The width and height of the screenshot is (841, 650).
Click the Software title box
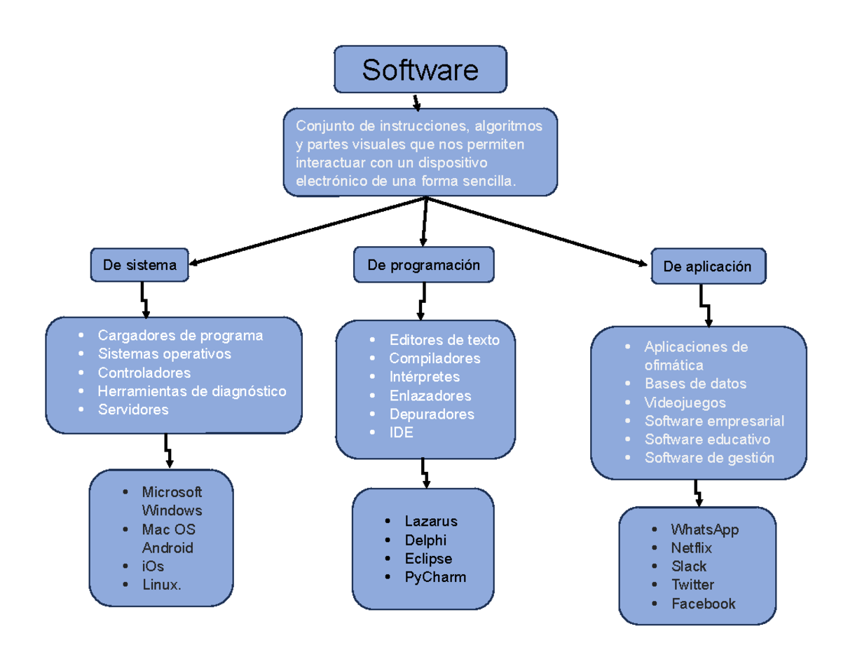420,69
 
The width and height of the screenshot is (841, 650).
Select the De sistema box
139,265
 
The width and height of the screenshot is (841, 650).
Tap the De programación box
423,264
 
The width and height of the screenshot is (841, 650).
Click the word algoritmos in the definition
508,126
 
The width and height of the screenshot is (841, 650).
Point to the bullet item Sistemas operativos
164,354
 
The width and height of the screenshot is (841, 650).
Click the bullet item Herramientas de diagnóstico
191,391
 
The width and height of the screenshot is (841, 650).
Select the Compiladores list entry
435,358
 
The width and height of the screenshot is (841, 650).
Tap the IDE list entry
401,433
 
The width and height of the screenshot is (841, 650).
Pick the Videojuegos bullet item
685,402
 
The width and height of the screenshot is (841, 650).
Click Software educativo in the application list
706,440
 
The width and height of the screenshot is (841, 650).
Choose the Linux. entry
161,585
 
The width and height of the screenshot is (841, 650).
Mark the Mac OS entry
168,529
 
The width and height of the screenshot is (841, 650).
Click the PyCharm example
435,578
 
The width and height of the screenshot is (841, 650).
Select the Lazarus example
430,522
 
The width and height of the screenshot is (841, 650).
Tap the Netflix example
690,548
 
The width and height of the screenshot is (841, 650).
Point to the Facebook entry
703,604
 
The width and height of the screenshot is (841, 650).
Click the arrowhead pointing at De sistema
196,264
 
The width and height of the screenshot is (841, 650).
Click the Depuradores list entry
431,414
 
